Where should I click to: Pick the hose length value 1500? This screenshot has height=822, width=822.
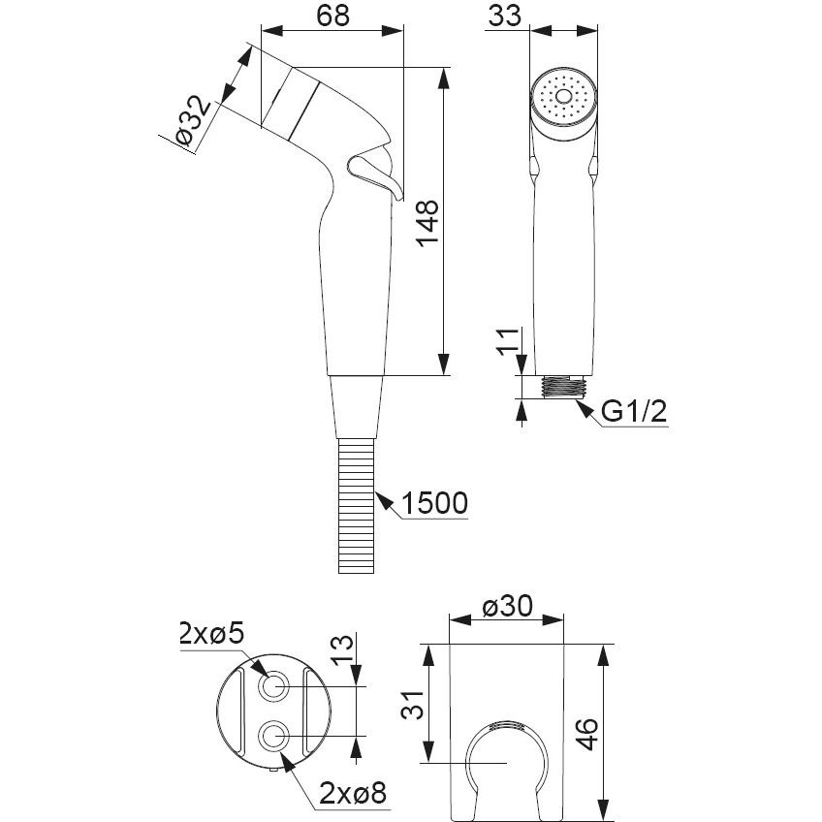433,503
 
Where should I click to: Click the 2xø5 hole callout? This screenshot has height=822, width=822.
211,636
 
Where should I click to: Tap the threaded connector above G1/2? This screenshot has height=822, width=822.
562,385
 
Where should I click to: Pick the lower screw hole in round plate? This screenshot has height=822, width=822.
273,737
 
